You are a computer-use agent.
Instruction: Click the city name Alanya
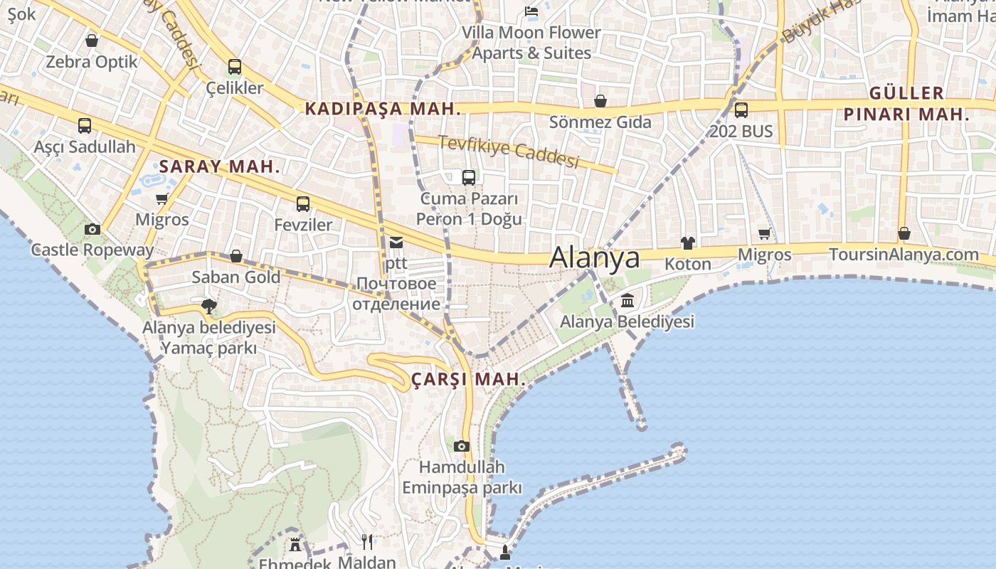coord(595,257)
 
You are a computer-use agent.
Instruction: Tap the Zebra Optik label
coord(92,62)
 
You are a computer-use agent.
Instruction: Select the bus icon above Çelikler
coord(235,68)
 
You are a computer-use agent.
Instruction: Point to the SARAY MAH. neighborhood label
coord(219,166)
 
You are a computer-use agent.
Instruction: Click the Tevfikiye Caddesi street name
coord(509,151)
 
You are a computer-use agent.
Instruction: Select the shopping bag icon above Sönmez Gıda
coord(600,101)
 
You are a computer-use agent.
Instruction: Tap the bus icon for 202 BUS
coord(741,110)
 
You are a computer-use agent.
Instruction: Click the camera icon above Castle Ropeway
coord(92,229)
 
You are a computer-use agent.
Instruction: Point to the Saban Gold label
coord(236,277)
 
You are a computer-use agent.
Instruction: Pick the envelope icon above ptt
coord(396,243)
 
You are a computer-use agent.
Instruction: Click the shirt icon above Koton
coord(687,243)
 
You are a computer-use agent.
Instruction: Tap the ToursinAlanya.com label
coord(904,254)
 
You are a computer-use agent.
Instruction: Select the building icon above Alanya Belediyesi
coord(627,301)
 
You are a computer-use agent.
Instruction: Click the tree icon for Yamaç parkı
coord(209,307)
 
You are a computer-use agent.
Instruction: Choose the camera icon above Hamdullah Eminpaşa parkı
coord(462,446)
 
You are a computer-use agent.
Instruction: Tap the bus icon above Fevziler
coord(303,204)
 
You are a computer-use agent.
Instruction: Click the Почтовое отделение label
coord(396,294)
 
